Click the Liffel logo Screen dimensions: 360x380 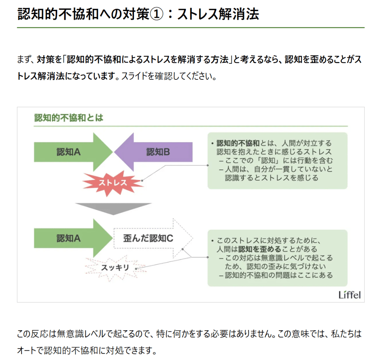click(x=349, y=295)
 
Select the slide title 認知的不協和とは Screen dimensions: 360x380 click(x=69, y=118)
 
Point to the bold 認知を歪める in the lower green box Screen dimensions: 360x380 click(x=259, y=249)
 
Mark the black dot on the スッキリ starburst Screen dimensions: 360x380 click(x=136, y=268)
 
